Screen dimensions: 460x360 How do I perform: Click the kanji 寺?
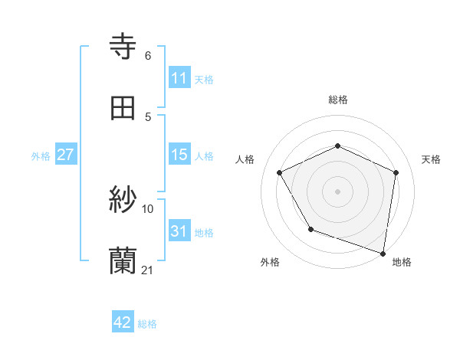pos(123,47)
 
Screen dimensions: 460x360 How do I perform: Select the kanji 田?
pos(123,109)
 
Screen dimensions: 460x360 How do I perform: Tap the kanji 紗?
pos(123,201)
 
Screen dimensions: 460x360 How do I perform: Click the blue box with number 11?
pos(179,77)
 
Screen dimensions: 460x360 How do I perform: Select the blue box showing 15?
pos(179,155)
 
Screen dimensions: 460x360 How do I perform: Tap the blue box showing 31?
pos(179,231)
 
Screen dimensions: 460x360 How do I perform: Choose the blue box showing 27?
pos(66,155)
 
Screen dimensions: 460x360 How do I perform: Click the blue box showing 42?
pos(123,322)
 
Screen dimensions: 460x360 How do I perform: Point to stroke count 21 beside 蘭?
pos(148,270)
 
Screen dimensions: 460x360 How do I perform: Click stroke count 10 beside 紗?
pos(148,208)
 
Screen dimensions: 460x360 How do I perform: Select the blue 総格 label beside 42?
pos(147,324)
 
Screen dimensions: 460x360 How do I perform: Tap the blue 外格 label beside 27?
pos(41,156)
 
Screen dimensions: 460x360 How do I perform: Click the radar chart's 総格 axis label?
pos(338,100)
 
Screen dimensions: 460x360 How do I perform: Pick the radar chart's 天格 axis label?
pos(432,159)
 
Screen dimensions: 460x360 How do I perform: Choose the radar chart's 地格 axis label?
pos(402,262)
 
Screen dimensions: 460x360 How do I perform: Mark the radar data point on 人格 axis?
pos(280,172)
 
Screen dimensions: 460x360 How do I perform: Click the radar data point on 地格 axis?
pos(382,252)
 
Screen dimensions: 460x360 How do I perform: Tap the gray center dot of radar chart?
pos(338,191)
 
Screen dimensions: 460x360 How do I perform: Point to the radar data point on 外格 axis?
pos(310,229)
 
